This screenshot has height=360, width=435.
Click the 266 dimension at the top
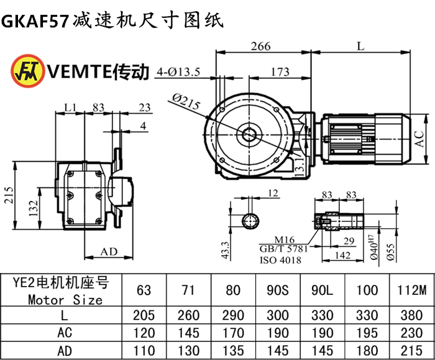[261, 45]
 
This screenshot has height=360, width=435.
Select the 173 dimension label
[280, 72]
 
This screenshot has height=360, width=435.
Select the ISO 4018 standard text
[281, 261]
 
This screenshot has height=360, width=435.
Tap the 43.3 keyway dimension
[226, 251]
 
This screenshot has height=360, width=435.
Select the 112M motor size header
[411, 290]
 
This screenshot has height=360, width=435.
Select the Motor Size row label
[65, 300]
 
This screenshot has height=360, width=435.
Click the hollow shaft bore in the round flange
[251, 134]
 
